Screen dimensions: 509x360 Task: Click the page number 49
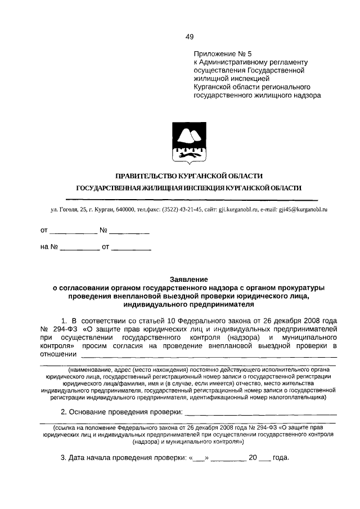190,37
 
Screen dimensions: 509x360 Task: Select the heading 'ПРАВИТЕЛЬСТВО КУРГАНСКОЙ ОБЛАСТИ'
188,177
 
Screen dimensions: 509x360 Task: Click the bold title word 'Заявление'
189,280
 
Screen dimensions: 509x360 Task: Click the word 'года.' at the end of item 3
280,458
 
